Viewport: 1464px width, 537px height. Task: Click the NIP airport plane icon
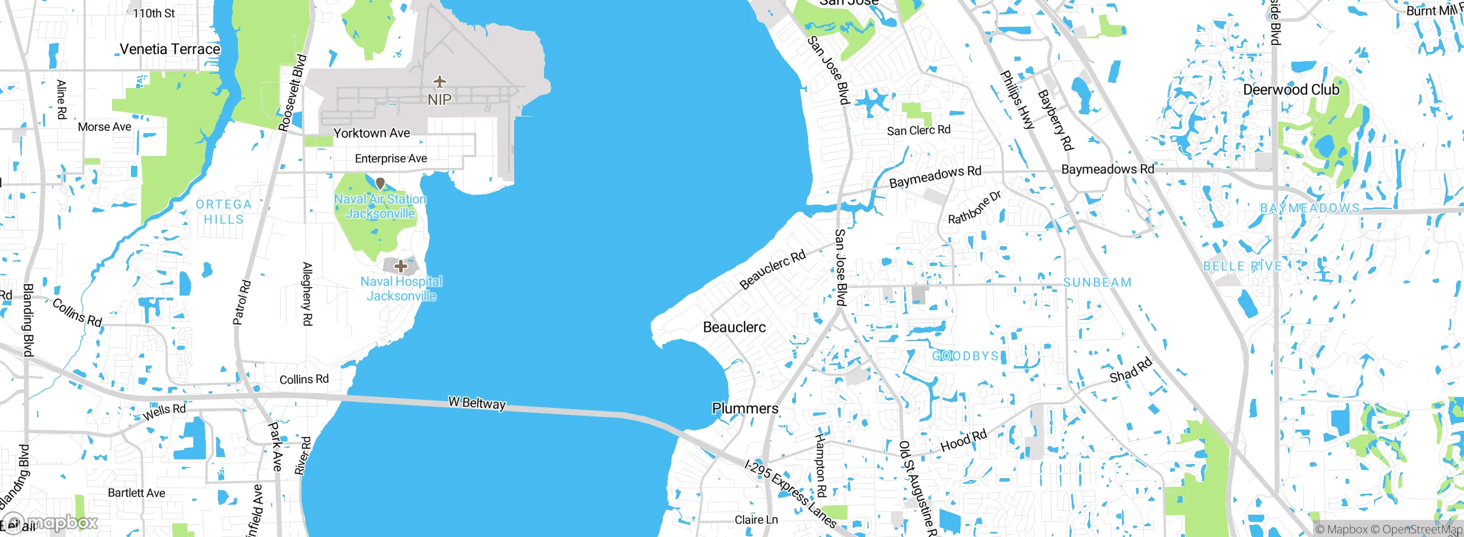point(439,82)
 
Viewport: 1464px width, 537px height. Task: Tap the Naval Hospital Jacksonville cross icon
point(401,266)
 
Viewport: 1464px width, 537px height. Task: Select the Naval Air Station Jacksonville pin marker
point(380,184)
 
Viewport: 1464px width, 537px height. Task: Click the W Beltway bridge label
point(477,403)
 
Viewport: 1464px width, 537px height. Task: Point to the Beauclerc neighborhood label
point(734,327)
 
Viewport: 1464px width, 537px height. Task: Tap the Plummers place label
point(745,408)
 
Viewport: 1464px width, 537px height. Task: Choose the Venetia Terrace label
point(170,49)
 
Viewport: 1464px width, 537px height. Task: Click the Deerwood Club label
point(1291,90)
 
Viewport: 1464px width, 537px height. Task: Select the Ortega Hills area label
point(224,212)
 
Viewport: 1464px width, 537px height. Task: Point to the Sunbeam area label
point(1097,283)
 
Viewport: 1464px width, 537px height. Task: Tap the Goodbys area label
point(965,356)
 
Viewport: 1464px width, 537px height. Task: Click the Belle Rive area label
point(1242,266)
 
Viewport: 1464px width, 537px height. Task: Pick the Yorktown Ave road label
point(372,133)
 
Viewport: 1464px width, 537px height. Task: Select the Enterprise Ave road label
point(391,159)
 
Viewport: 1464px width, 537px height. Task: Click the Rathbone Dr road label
point(974,207)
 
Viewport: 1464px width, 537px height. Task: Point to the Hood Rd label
point(964,440)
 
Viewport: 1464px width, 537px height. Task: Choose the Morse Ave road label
point(105,127)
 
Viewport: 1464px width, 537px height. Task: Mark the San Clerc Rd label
point(918,130)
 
